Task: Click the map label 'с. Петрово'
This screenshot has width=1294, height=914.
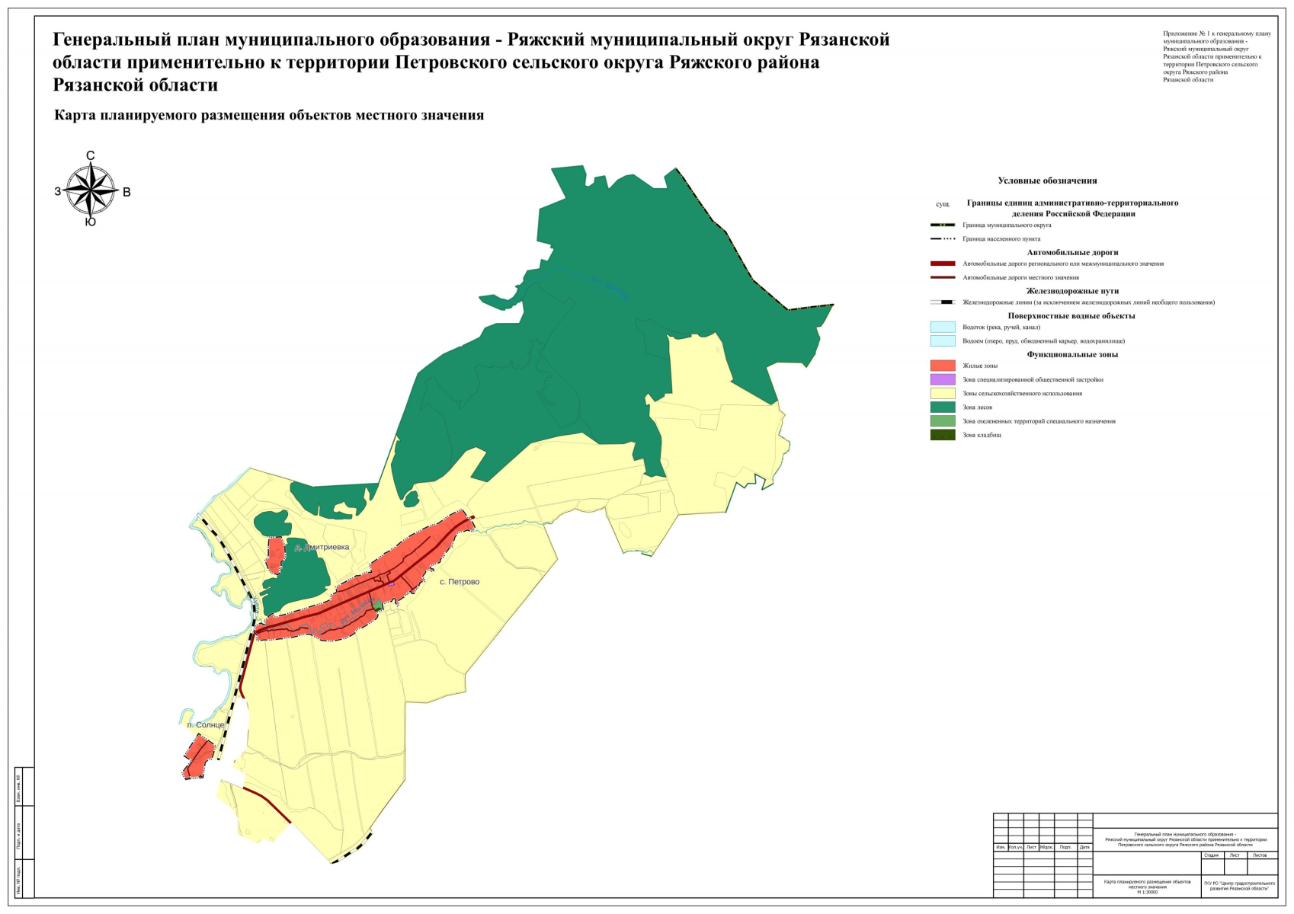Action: tap(460, 582)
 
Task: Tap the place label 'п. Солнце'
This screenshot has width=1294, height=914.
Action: tap(206, 725)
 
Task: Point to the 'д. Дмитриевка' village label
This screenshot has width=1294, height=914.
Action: tap(322, 548)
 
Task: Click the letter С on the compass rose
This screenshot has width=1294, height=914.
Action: tap(91, 156)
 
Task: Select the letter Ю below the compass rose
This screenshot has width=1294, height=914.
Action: tap(91, 222)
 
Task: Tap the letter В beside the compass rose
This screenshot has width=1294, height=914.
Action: tap(127, 192)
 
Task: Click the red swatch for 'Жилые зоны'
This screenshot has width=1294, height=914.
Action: tap(943, 366)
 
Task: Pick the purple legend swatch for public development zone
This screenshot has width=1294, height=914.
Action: tap(943, 379)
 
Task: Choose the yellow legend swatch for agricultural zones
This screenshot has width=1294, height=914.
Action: tap(943, 394)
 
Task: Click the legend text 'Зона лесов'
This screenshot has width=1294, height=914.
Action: tap(977, 407)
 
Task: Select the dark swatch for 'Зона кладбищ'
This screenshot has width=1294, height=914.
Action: tap(943, 435)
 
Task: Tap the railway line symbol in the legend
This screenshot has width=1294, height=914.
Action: tap(943, 302)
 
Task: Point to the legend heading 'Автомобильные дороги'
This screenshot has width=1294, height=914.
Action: tap(1072, 252)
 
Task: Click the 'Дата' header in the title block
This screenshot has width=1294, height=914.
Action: tap(1084, 847)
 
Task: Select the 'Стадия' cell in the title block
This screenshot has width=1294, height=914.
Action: tap(1211, 855)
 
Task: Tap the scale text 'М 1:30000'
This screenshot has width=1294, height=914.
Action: tap(1147, 892)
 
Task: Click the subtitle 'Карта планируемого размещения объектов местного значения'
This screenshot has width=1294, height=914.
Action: tap(269, 116)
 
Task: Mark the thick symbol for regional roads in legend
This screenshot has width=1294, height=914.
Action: tap(943, 264)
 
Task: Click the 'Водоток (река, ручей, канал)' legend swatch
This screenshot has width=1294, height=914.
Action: tap(943, 327)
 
